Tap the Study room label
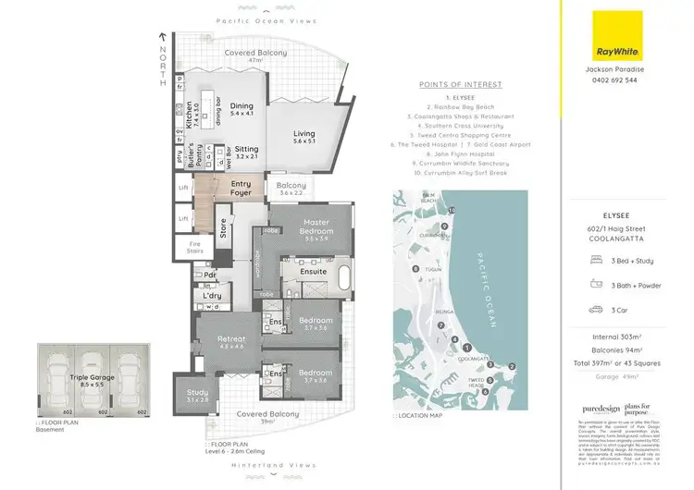198,396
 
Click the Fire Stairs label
195,247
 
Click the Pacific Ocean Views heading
266,21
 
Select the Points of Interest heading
460,85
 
